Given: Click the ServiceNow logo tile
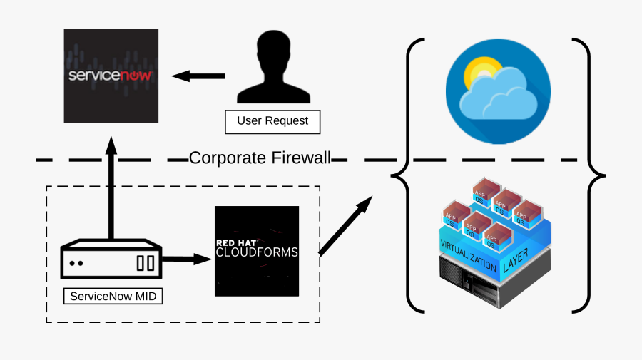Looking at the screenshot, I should click(x=111, y=76).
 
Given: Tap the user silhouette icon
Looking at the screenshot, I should click(x=272, y=69).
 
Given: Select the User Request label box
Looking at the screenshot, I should click(x=272, y=121).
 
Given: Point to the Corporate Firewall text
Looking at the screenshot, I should click(x=260, y=158).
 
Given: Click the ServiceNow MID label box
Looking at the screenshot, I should click(x=112, y=295).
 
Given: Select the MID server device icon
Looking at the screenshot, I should click(x=112, y=262).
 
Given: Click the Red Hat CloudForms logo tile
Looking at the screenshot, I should click(x=257, y=251).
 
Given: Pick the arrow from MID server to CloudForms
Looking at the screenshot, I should click(x=190, y=259).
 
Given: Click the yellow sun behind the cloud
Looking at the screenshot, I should click(x=478, y=73).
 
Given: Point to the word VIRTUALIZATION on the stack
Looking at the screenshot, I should click(x=467, y=254).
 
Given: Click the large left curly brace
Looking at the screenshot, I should click(x=404, y=175).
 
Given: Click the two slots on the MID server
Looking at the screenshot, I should click(x=146, y=263).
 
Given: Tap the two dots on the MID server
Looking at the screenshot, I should click(x=76, y=263).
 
